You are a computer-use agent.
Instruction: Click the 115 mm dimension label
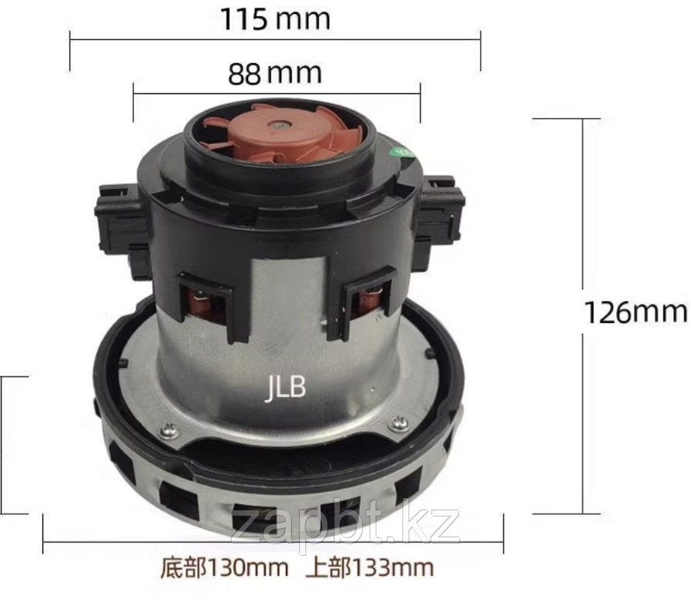tap(275, 19)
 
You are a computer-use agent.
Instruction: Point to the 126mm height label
tap(634, 312)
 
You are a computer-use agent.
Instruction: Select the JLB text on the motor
tap(285, 388)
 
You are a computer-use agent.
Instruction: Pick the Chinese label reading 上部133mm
tap(369, 569)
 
